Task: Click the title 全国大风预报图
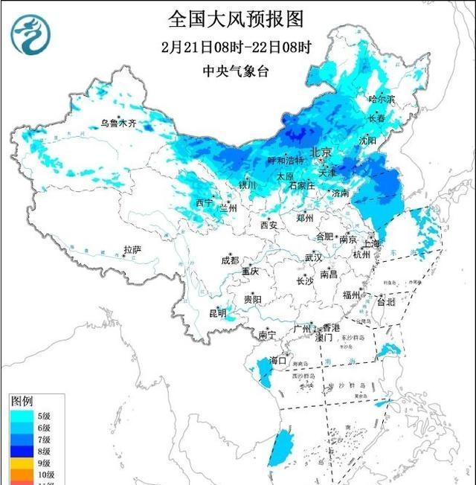click(236, 18)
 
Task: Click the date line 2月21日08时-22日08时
click(236, 46)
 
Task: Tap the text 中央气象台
click(236, 71)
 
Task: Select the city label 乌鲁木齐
click(119, 123)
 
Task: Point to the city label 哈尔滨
click(383, 99)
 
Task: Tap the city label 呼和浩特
click(286, 160)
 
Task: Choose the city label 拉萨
click(132, 250)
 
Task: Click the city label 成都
click(230, 260)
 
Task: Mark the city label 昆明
click(217, 312)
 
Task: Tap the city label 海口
click(278, 361)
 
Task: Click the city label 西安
click(268, 225)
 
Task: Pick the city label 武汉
click(313, 257)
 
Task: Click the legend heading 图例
click(22, 401)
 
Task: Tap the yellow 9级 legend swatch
click(22, 463)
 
